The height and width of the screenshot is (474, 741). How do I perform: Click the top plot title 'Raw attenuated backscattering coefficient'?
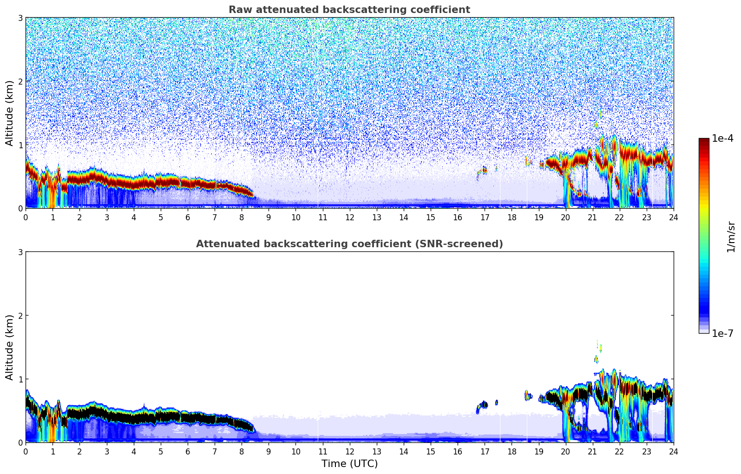tap(349, 10)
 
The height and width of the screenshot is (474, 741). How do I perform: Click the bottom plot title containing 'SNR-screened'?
tap(349, 244)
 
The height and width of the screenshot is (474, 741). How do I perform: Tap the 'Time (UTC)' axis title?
tap(349, 464)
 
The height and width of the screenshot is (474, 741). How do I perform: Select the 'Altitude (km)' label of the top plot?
tap(9, 113)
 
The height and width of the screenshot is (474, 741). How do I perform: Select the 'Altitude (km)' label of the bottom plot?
tap(9, 347)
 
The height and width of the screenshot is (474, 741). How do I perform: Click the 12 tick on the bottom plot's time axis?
tap(349, 452)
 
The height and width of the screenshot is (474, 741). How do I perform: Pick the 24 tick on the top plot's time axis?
tap(673, 217)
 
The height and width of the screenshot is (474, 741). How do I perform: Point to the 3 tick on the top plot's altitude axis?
tap(20, 18)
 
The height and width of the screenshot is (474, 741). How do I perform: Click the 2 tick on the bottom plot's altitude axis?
tap(20, 316)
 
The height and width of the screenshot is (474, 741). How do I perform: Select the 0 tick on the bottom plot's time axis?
tap(26, 452)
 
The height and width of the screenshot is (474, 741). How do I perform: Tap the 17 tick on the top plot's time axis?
tap(485, 217)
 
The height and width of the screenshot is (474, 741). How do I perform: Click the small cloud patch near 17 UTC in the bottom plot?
tap(483, 405)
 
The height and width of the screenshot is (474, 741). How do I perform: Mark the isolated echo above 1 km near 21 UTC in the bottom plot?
tap(597, 359)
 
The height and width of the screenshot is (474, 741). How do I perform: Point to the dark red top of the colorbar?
tap(704, 140)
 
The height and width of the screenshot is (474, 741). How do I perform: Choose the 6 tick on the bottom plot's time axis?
tap(188, 452)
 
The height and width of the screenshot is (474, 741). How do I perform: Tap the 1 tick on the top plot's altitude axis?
tap(20, 145)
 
